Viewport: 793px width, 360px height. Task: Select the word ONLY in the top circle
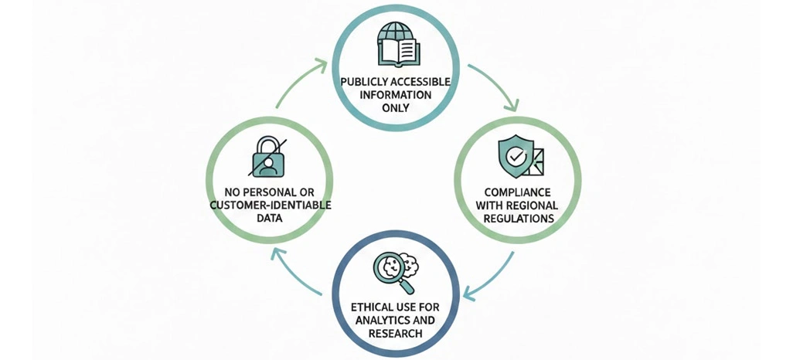[396, 108]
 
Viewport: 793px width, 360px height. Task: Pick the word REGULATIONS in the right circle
[518, 219]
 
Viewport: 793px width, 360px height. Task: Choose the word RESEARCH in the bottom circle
[395, 334]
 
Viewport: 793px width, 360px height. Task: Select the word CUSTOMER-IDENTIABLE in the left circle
[271, 205]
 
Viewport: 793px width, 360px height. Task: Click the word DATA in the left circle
[271, 219]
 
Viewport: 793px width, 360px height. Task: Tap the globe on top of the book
[396, 34]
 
